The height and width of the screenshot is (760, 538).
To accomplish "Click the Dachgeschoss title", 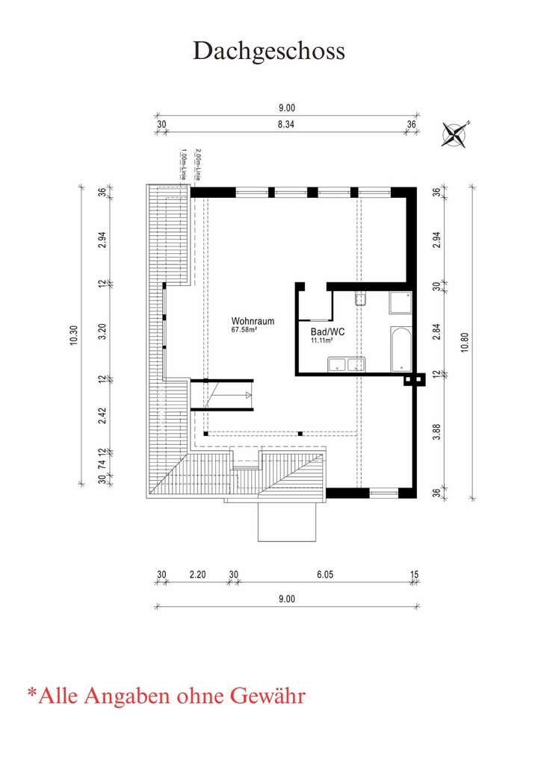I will [269, 50].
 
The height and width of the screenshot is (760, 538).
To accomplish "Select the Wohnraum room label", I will [253, 322].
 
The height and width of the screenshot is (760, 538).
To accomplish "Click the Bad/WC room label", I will [327, 331].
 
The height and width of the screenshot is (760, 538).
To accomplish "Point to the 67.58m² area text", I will [244, 330].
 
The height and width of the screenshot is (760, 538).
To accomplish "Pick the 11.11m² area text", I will [321, 340].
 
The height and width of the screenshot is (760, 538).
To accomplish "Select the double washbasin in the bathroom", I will [346, 364].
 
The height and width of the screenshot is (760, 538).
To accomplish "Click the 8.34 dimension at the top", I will [286, 125].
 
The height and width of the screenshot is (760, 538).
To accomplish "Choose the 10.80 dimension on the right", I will [465, 342].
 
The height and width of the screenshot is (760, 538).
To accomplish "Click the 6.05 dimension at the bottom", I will [324, 574].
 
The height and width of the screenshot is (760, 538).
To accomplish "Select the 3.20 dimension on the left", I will [102, 331].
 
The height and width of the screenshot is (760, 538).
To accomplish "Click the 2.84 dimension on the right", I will [437, 331].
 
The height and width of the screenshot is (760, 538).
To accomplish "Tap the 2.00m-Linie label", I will [198, 165].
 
